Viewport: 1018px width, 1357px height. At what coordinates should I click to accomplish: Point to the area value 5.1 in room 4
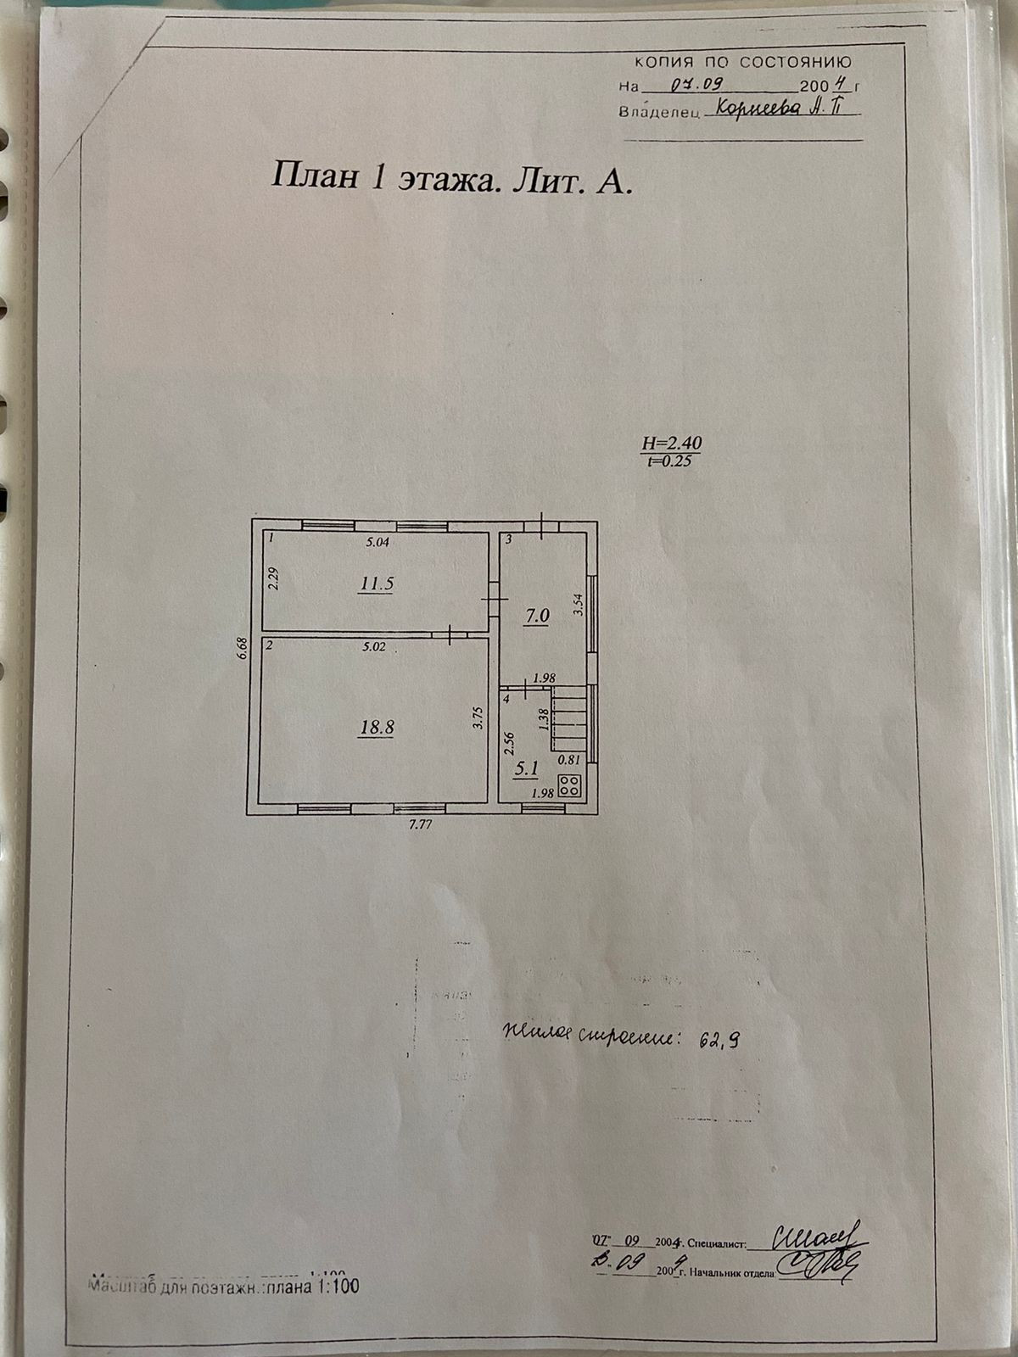pos(527,770)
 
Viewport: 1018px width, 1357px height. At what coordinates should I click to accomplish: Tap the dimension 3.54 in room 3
pos(579,604)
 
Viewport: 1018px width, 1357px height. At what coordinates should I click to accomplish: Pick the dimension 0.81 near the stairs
pos(570,760)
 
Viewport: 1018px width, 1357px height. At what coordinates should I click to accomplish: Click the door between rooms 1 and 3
pos(493,599)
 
